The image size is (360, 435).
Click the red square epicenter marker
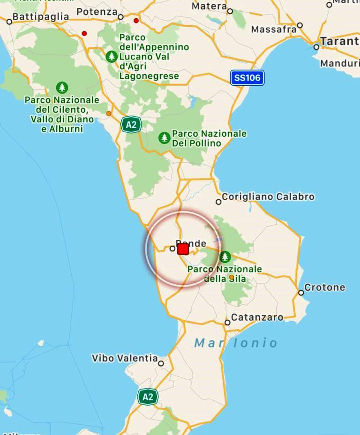[183, 249]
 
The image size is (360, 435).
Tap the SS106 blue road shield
[247, 78]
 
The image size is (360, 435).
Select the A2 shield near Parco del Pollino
[131, 125]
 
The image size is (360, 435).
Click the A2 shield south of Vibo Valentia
[148, 397]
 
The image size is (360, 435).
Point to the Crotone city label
[324, 287]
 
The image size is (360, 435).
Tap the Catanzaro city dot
[227, 322]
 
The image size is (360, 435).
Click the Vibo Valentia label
[125, 358]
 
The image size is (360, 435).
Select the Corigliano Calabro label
[268, 197]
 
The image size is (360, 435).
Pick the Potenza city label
[97, 12]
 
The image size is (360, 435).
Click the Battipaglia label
[40, 17]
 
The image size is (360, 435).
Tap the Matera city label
[209, 6]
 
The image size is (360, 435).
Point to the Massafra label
[274, 29]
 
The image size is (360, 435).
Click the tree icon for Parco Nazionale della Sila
[225, 257]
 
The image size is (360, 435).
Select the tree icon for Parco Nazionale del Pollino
[164, 138]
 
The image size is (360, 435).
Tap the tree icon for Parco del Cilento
[62, 88]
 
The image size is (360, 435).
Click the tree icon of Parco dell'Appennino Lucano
[111, 57]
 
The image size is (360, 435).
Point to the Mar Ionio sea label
[236, 343]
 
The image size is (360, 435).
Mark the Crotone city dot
[301, 293]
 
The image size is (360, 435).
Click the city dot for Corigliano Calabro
[218, 202]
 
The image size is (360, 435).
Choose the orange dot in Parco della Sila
[231, 277]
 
